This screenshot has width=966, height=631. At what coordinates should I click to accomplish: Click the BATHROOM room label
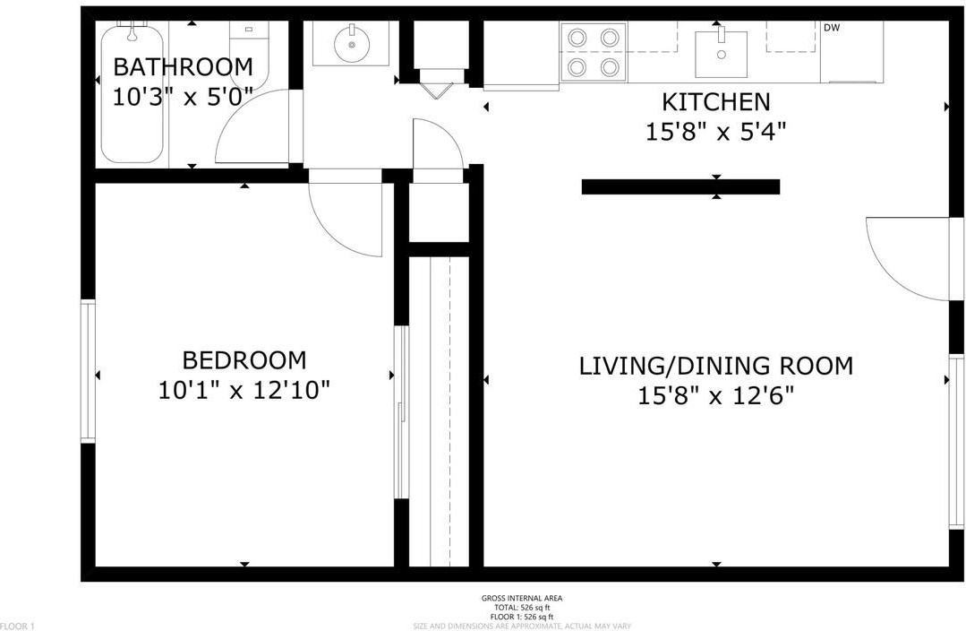[x=183, y=67]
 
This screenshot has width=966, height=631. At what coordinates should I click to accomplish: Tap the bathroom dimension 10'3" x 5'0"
[x=183, y=97]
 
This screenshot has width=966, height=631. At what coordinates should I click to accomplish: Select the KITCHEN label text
[x=715, y=101]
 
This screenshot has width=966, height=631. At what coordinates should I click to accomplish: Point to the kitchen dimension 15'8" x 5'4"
[x=715, y=132]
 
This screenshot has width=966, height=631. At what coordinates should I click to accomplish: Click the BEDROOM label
[x=244, y=360]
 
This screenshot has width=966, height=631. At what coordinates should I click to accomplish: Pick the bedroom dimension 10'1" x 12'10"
[x=244, y=391]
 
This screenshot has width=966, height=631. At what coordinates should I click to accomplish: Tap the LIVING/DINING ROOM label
[x=715, y=366]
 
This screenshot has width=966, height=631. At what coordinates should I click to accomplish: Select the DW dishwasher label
[x=832, y=28]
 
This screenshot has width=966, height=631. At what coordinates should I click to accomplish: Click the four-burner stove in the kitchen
[x=592, y=52]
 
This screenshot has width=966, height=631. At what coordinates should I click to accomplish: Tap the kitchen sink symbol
[x=721, y=50]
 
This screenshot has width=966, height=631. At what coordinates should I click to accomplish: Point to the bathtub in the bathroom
[x=132, y=93]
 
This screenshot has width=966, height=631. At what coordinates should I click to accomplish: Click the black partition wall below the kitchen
[x=680, y=186]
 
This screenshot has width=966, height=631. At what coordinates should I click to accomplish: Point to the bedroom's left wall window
[x=88, y=371]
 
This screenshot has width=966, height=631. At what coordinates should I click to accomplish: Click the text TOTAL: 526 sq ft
[x=522, y=607]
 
